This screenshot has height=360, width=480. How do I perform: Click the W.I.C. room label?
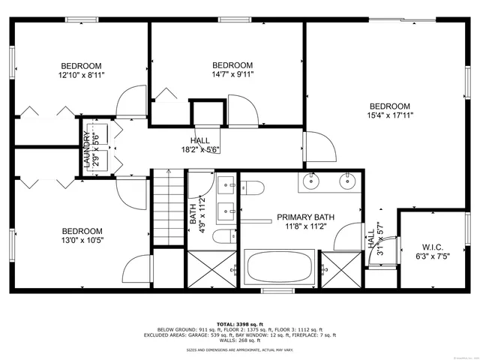click(433, 246)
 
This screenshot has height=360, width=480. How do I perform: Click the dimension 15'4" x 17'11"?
click(390, 115)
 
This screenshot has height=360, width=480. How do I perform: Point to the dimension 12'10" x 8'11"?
click(81, 75)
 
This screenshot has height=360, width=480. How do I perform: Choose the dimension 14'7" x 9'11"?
click(232, 74)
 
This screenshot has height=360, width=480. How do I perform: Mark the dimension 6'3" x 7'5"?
click(433, 256)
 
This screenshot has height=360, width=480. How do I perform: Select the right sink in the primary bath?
click(346, 180)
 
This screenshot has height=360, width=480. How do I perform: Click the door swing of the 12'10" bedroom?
click(129, 102)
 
